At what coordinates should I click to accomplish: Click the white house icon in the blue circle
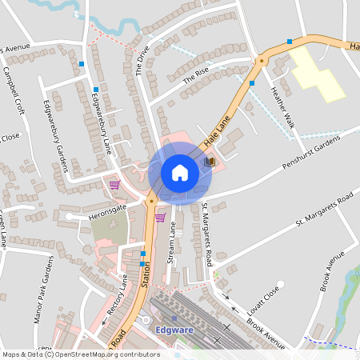point(180,173)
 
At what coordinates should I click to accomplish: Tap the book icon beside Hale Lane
point(209,162)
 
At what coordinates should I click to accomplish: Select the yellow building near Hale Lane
point(318,76)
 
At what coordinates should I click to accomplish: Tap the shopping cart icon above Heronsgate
point(114,184)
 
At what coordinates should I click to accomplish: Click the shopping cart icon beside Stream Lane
point(160,217)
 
